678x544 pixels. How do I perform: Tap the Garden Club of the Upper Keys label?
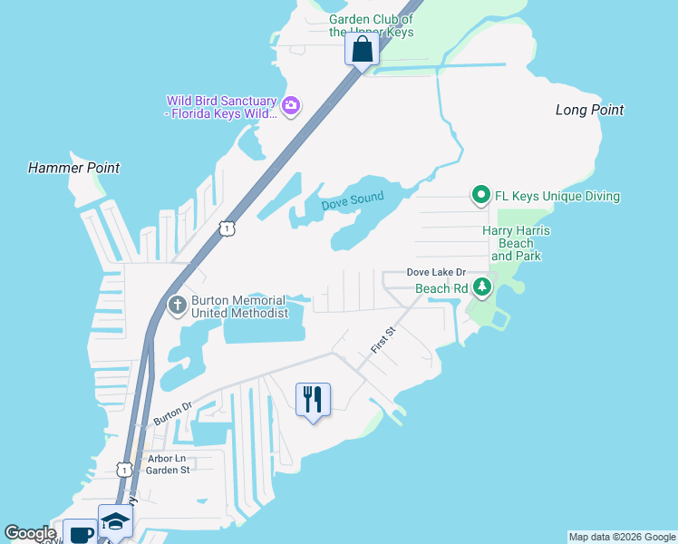(x=371, y=25)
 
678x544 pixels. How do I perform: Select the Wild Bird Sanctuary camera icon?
(x=291, y=106)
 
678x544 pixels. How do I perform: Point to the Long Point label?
(x=589, y=110)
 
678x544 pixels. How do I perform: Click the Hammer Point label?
(x=73, y=168)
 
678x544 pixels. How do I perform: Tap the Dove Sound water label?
(x=353, y=200)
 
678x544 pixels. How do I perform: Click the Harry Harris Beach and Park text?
(x=516, y=244)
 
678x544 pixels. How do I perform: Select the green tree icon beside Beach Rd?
(x=483, y=288)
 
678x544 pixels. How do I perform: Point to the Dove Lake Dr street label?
(x=435, y=272)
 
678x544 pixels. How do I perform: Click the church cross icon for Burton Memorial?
(x=177, y=306)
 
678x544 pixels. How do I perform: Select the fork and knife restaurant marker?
(x=313, y=399)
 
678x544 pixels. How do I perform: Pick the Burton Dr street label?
(x=173, y=414)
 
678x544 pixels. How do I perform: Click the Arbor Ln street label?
(x=164, y=460)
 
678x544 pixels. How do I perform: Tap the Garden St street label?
(x=168, y=471)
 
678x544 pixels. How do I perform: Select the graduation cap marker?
(x=115, y=521)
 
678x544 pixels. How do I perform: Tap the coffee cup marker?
(x=80, y=533)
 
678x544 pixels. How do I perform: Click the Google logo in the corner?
(x=30, y=533)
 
